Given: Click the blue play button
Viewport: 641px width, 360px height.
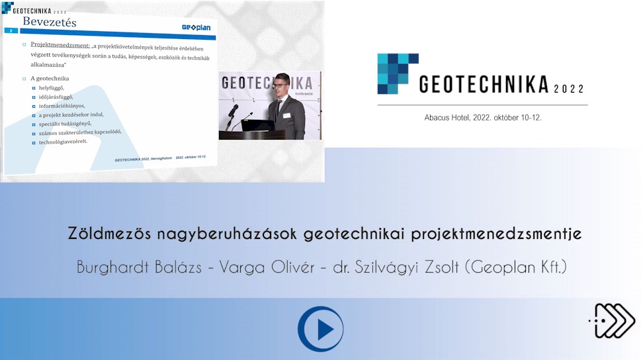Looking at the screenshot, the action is coord(320,329).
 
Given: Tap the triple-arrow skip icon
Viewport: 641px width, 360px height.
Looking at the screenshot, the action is coord(612,321).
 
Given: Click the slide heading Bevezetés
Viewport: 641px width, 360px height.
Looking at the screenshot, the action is coord(50,22).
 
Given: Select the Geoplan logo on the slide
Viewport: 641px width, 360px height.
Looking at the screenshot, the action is coord(196,27).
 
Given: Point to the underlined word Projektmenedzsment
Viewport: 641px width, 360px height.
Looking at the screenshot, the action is coord(60,45).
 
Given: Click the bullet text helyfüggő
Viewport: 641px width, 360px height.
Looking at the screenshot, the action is coord(51,88).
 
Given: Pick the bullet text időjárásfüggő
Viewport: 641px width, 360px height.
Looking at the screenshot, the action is coord(56,97).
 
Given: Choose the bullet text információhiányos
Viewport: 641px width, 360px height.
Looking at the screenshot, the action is coord(62,106).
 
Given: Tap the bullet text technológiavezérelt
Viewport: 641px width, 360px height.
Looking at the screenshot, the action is coord(63,142).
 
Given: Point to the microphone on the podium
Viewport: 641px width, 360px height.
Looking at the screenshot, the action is coord(233,111).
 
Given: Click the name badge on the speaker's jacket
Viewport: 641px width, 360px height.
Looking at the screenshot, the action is coord(286,115).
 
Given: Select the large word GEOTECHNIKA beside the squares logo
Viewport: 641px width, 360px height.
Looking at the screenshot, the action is coord(484,84).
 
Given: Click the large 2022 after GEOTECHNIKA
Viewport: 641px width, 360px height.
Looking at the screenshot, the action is coord(569,89).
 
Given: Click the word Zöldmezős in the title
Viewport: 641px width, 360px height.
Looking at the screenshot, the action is coord(109,233).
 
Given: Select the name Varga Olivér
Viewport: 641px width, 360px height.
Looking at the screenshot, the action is coord(267,267).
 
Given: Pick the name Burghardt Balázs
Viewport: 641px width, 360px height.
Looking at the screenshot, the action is coord(139,267).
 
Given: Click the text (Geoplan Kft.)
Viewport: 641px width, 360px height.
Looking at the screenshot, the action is coord(516,267).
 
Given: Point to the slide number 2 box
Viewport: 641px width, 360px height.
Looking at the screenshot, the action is coord(11,30).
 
